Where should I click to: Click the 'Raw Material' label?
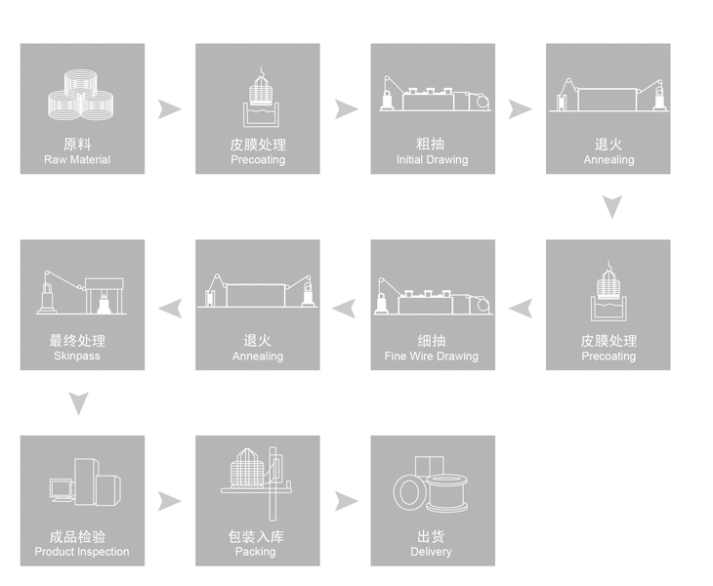tap(77, 160)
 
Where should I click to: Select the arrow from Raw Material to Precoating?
tap(170, 108)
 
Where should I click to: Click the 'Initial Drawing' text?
tap(432, 160)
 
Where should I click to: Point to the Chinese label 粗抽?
tap(432, 145)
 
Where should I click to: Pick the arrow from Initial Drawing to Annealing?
tap(520, 108)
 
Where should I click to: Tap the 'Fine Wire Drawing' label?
tap(432, 356)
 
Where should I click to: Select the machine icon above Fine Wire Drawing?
tap(432, 296)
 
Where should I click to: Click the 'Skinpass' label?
tap(77, 356)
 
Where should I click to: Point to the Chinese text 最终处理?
tap(77, 341)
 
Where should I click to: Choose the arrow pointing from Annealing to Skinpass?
tap(170, 309)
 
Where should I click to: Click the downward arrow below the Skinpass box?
tap(81, 402)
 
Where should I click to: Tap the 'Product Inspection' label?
tap(81, 553)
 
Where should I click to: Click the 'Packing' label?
tap(255, 553)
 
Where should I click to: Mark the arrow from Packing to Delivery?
tap(345, 501)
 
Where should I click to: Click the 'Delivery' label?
tap(432, 553)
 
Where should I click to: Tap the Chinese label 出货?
tap(432, 537)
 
